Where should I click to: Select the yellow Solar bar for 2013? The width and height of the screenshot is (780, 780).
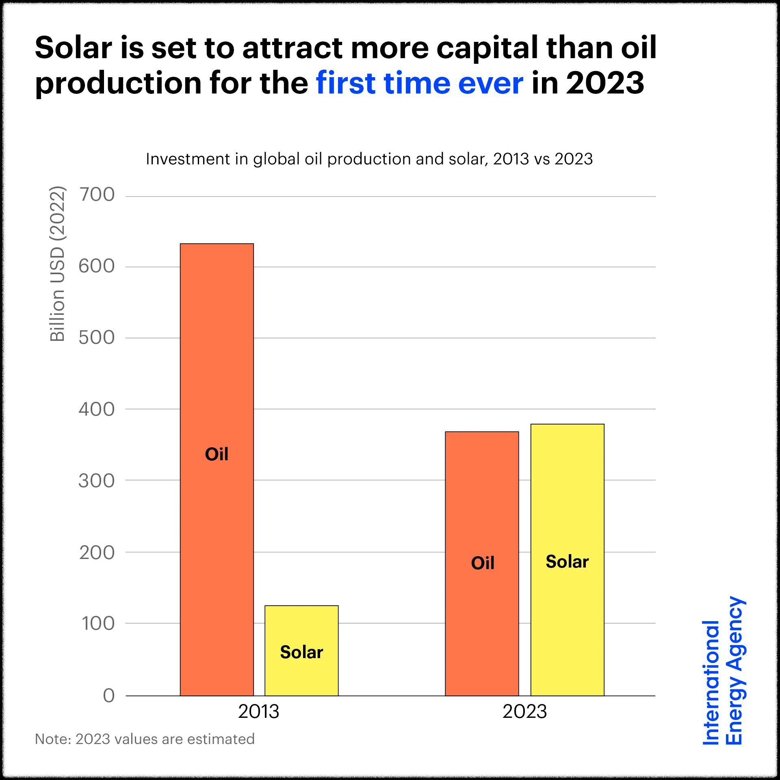tap(301, 626)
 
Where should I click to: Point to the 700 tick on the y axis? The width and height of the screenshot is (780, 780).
tap(97, 195)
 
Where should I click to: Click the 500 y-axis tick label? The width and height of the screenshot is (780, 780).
tap(97, 338)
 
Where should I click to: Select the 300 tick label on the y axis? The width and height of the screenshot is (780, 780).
tap(97, 481)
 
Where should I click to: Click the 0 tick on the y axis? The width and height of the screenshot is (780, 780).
tap(108, 695)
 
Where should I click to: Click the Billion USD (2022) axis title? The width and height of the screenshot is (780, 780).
tap(57, 264)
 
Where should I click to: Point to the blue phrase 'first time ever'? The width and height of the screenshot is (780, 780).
tap(420, 83)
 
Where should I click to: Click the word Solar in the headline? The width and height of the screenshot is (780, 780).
tap(74, 48)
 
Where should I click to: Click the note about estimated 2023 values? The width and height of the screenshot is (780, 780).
tap(145, 739)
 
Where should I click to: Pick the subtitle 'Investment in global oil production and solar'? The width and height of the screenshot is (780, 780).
tap(369, 159)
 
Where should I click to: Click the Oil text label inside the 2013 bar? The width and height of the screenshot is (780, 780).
tap(217, 454)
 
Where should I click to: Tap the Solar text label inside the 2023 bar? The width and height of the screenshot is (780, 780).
tap(567, 562)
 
